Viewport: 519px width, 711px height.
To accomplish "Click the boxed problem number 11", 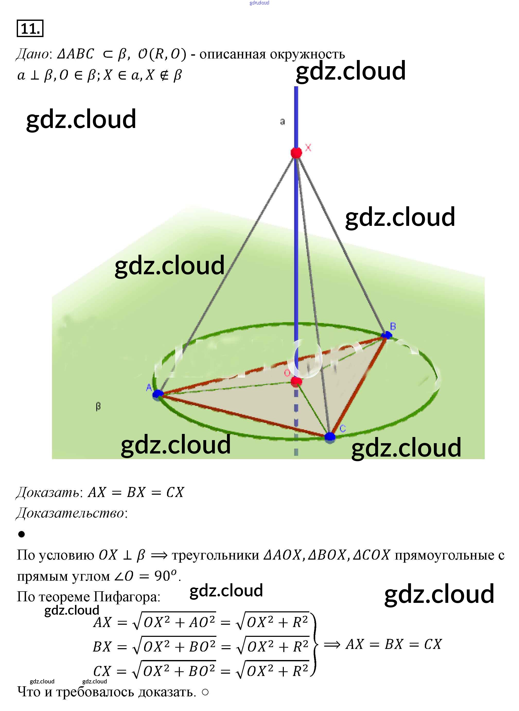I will click(30, 29).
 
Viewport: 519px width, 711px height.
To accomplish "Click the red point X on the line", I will click(296, 153).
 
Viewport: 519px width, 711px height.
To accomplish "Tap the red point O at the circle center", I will click(296, 382).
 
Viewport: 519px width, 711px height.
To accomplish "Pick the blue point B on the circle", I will click(386, 335).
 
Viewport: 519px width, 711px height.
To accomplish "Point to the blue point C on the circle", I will click(330, 436).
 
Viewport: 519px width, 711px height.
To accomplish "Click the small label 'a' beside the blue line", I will click(283, 121).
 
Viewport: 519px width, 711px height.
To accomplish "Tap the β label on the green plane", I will click(98, 407).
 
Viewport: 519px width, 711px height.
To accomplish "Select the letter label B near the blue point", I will click(393, 326).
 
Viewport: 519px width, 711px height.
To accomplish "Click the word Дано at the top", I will click(32, 54).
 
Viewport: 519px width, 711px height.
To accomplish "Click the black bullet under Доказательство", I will click(21, 534).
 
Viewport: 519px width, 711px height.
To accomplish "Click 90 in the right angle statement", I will click(162, 576).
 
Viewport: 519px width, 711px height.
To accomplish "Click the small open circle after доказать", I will click(205, 692).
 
